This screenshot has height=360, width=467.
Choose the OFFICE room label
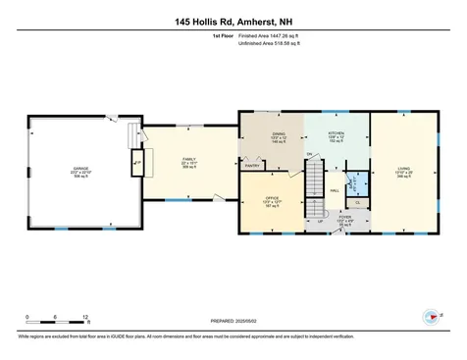[x=273, y=199]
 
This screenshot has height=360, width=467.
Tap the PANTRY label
[x=252, y=167]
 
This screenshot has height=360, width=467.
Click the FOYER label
[x=345, y=217]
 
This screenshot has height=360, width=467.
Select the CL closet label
[x=357, y=200]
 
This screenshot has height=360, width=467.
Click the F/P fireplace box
[x=137, y=162]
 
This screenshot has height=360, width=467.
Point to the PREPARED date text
[x=232, y=319]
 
